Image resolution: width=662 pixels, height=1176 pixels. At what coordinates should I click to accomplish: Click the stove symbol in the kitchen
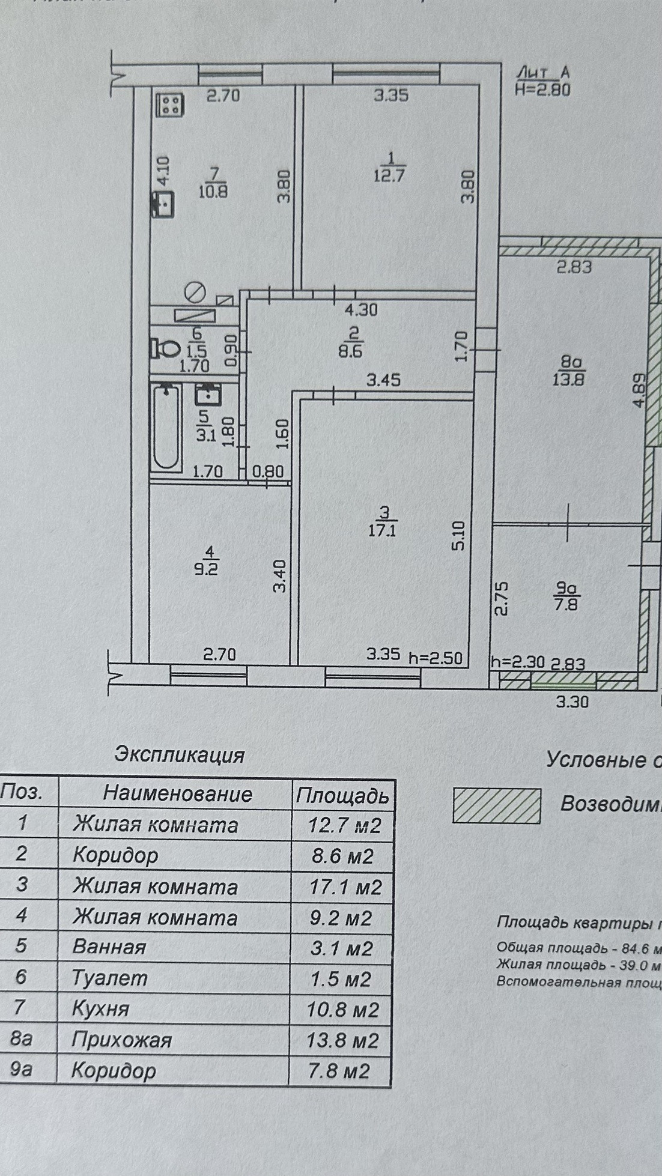pyautogui.click(x=170, y=105)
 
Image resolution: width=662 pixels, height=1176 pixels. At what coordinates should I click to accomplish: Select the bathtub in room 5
pyautogui.click(x=166, y=427)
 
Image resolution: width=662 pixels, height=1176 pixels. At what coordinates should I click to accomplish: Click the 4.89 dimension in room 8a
pyautogui.click(x=639, y=391)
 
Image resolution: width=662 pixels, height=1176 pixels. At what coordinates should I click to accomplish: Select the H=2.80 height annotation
pyautogui.click(x=543, y=89)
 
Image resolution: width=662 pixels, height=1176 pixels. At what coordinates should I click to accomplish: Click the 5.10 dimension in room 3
pyautogui.click(x=458, y=536)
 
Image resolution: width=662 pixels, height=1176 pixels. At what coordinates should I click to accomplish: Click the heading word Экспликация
pyautogui.click(x=180, y=754)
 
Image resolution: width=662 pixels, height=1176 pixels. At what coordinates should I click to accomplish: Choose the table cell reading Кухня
pyautogui.click(x=101, y=1008)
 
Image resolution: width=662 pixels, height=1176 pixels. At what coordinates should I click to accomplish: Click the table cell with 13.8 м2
pyautogui.click(x=342, y=1040)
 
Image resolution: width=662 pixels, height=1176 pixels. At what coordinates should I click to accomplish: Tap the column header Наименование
pyautogui.click(x=177, y=793)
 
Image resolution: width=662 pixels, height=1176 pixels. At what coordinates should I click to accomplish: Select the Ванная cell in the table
pyautogui.click(x=109, y=947)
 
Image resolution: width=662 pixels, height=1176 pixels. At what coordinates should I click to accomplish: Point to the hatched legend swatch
pyautogui.click(x=496, y=805)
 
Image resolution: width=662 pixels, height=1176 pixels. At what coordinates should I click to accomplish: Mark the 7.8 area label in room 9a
pyautogui.click(x=566, y=604)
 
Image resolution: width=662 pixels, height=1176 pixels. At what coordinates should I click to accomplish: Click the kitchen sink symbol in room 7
pyautogui.click(x=163, y=205)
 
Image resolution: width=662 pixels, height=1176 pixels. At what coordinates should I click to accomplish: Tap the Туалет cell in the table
pyautogui.click(x=109, y=978)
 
